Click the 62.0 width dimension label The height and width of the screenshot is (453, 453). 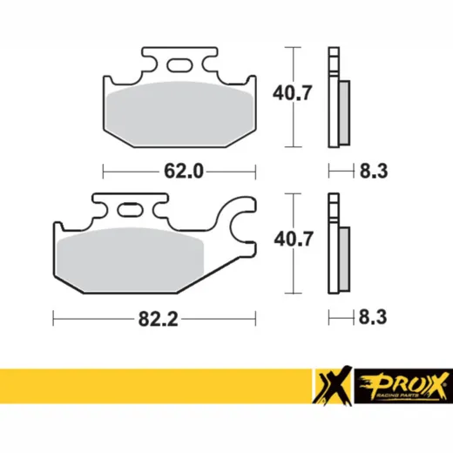[x=184, y=171]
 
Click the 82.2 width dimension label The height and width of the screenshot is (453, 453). [x=158, y=319]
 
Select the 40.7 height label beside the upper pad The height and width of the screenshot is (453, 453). [x=292, y=92]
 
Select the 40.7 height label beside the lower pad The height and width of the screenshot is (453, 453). [x=294, y=239]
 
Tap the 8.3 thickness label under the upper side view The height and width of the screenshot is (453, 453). [x=374, y=171]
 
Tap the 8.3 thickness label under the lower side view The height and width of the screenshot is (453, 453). [x=373, y=317]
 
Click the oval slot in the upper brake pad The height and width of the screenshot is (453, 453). [x=179, y=64]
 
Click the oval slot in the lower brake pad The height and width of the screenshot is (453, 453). [x=130, y=209]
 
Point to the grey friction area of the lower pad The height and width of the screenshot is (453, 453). [x=131, y=259]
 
